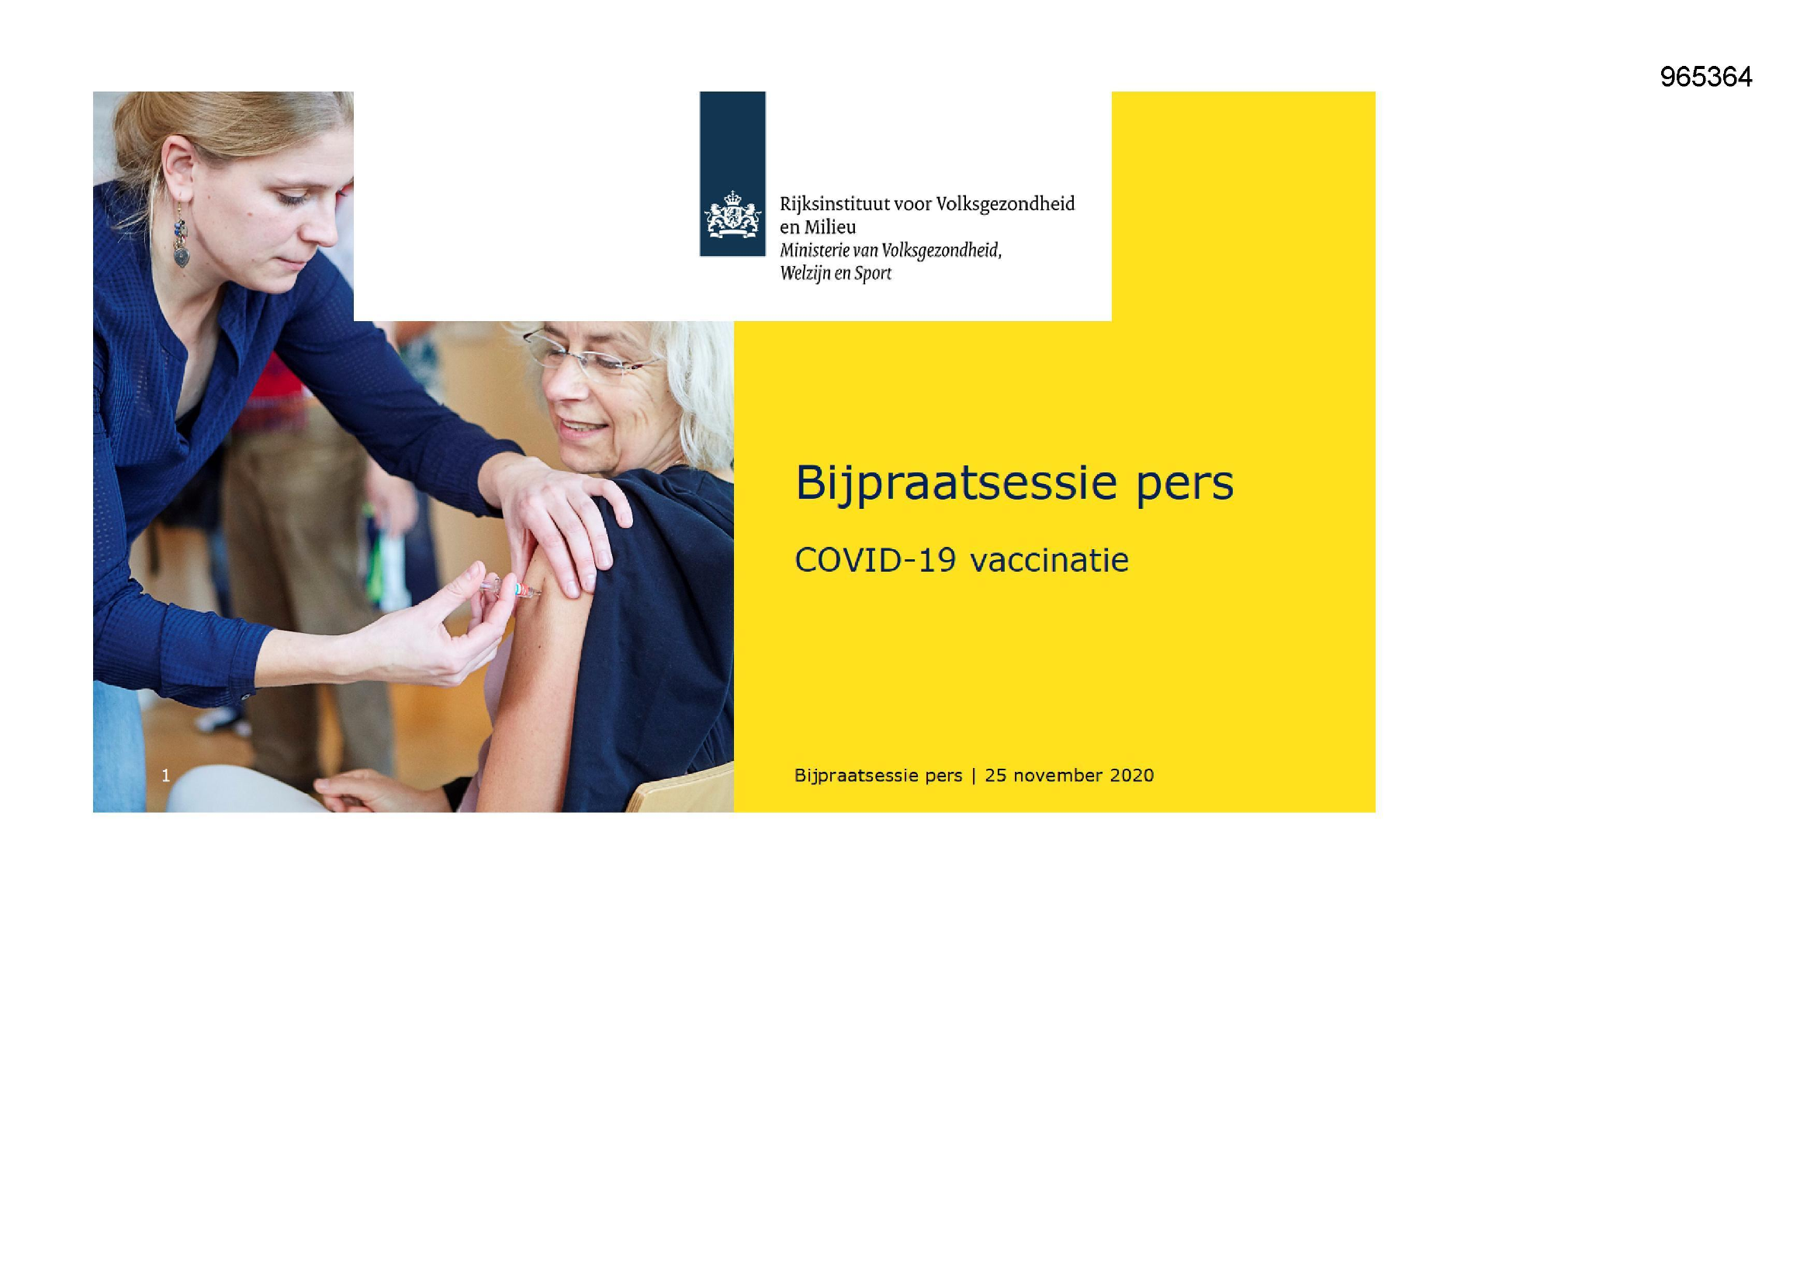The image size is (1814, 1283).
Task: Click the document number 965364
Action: pyautogui.click(x=1705, y=78)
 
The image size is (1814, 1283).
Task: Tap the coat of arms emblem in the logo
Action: pyautogui.click(x=732, y=215)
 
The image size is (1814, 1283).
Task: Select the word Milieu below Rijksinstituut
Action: pyautogui.click(x=829, y=227)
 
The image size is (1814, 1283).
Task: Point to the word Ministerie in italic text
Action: pyautogui.click(x=817, y=251)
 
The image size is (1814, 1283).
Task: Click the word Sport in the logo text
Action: pyautogui.click(x=872, y=273)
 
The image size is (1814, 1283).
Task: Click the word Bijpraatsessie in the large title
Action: pyautogui.click(x=955, y=483)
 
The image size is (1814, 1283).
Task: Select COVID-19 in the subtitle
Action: pyautogui.click(x=874, y=560)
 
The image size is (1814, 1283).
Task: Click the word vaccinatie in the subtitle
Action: pyautogui.click(x=1049, y=560)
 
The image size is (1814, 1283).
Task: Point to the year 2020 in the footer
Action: pyautogui.click(x=1131, y=775)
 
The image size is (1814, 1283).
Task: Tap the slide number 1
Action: pyautogui.click(x=166, y=775)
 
